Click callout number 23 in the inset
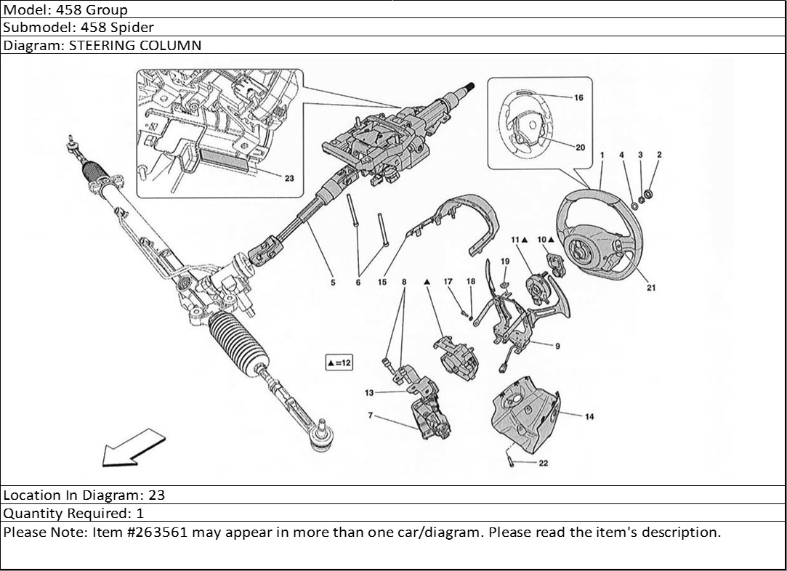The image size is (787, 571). click(288, 179)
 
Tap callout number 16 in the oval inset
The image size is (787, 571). click(578, 97)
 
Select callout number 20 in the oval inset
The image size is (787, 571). click(580, 147)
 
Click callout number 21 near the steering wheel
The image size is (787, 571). click(651, 288)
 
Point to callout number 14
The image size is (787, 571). click(589, 416)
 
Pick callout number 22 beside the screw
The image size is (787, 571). click(544, 463)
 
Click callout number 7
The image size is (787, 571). click(370, 416)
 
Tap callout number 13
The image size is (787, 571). click(369, 393)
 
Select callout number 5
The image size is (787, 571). click(333, 283)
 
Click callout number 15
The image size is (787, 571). click(382, 283)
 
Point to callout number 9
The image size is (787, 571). click(557, 346)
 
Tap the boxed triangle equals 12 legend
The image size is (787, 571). click(339, 362)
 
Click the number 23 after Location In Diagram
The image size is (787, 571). click(157, 495)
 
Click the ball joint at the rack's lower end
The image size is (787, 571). click(320, 435)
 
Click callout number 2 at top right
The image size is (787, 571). click(659, 155)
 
